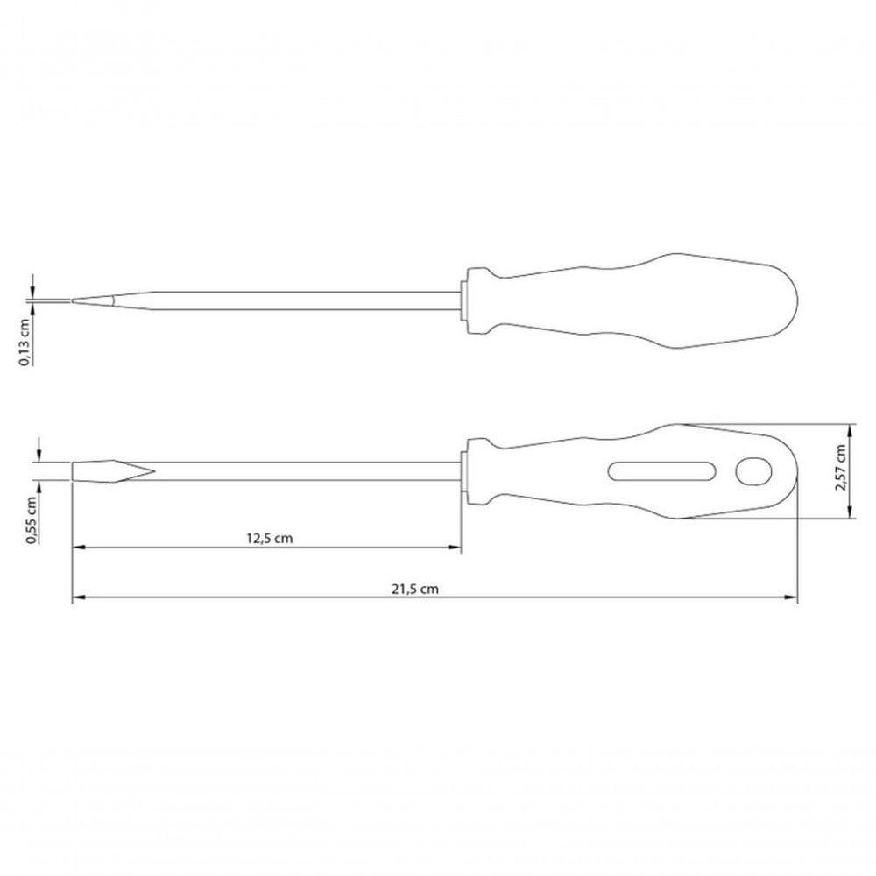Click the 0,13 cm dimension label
tap(27, 341)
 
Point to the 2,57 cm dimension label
tap(841, 469)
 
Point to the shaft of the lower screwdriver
tap(307, 472)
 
